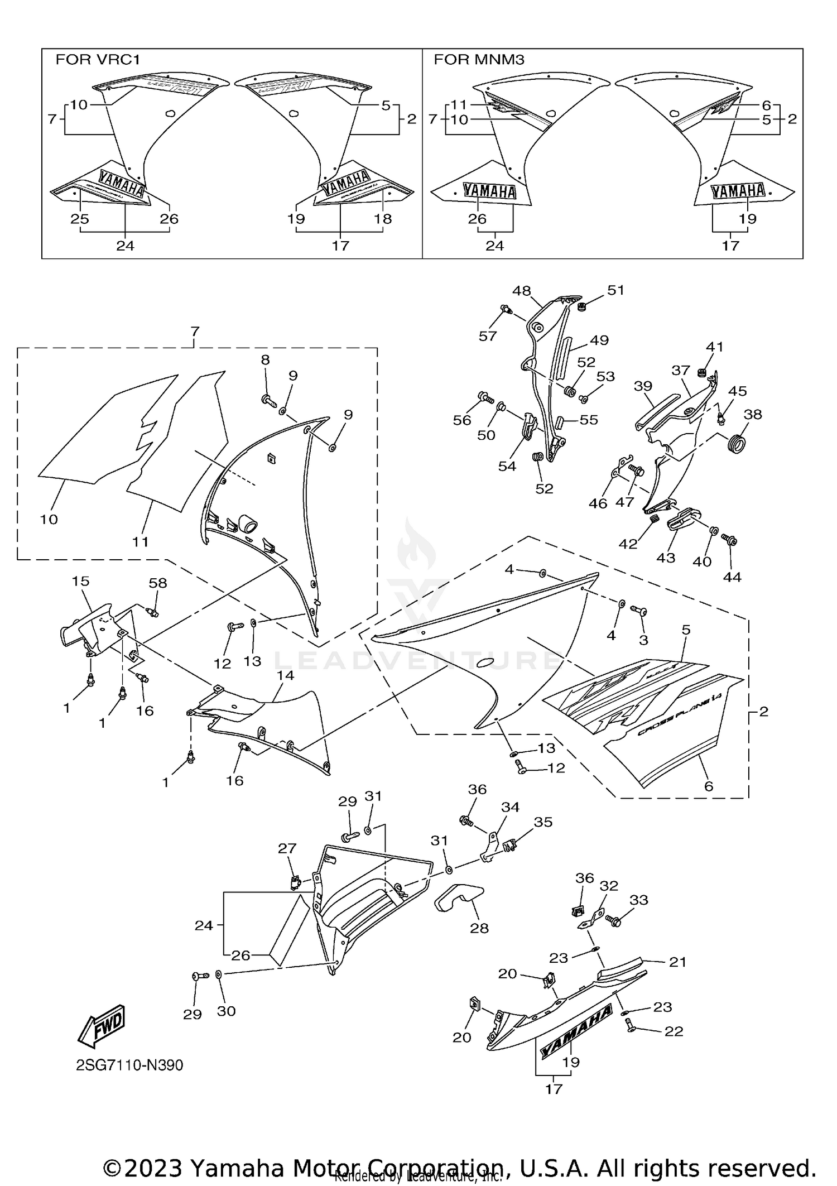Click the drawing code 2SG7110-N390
pos(129,1065)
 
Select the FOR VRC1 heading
pos(97,60)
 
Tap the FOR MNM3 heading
pos(479,60)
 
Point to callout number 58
pos(158,583)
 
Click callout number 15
pos(80,581)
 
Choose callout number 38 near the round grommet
pos(753,414)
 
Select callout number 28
pos(479,928)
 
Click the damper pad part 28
pos(459,898)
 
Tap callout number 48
pos(522,291)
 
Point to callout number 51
pos(615,290)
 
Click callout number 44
pos(732,577)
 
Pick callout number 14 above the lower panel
pos(285,675)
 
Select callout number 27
pos(287,849)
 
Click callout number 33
pos(639,900)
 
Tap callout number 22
pos(674,1031)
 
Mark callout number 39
pos(643,386)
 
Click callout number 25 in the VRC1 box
pos(80,219)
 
